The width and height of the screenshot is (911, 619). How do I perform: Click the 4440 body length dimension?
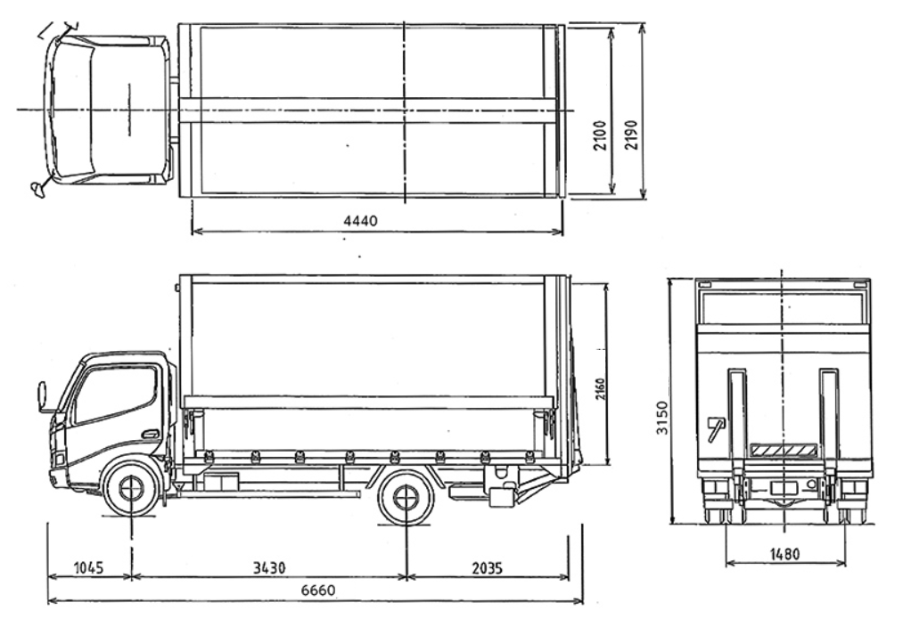360,221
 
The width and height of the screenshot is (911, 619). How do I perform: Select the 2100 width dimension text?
600,135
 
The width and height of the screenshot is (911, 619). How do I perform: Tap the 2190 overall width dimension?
631,134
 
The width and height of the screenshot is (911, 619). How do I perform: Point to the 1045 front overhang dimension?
89,567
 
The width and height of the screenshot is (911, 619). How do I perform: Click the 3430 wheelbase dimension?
269,567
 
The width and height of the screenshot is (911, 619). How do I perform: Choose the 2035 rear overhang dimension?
487,567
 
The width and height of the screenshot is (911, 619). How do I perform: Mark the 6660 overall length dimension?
318,590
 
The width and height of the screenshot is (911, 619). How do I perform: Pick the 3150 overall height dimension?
662,417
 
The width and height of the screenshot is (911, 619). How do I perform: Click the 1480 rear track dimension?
784,555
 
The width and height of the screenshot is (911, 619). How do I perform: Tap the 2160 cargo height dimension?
600,389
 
